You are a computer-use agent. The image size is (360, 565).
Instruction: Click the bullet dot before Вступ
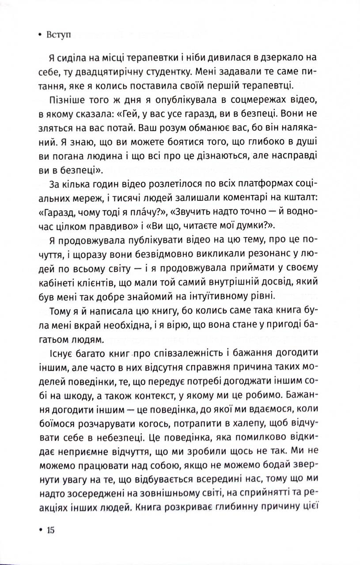click(40, 35)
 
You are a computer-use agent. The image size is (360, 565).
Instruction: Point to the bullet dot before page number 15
click(41, 530)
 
